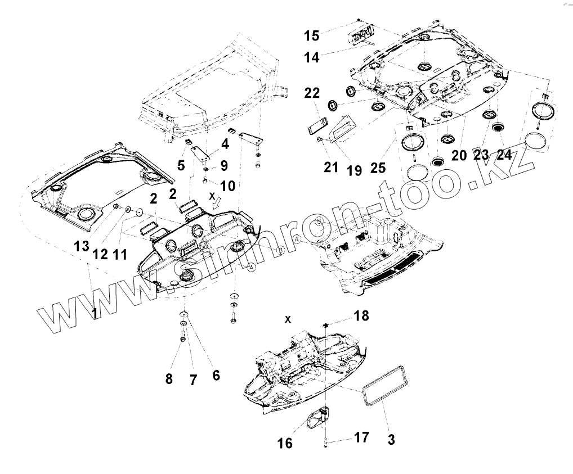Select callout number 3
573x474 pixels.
(x=391, y=439)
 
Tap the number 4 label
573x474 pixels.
(x=225, y=144)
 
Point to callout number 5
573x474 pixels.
(x=181, y=165)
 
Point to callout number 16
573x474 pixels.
(x=285, y=443)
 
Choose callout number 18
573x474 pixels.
(x=361, y=316)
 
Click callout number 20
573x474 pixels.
(x=459, y=155)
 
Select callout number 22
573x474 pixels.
(x=313, y=93)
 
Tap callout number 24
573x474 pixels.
(x=504, y=155)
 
